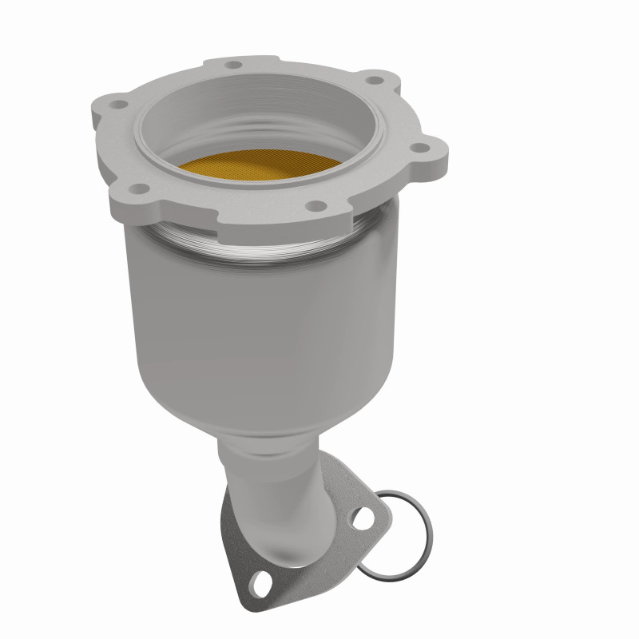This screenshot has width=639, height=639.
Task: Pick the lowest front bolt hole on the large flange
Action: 318,206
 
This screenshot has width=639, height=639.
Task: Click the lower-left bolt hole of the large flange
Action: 141,189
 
